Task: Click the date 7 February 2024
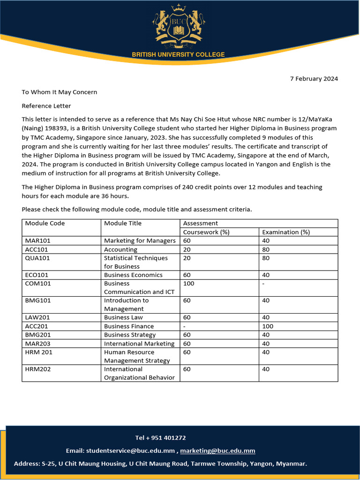314,79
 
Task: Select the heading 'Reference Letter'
46,106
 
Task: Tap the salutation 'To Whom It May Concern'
60,92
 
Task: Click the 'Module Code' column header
45,223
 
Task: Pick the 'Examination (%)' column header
286,232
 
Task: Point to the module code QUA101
37,258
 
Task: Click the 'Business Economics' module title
133,275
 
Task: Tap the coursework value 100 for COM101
188,284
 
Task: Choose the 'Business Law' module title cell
123,318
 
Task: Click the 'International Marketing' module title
139,344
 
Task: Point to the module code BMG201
37,335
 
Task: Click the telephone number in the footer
160,438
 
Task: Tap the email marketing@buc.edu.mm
217,451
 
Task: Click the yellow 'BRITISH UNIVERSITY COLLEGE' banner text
178,54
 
